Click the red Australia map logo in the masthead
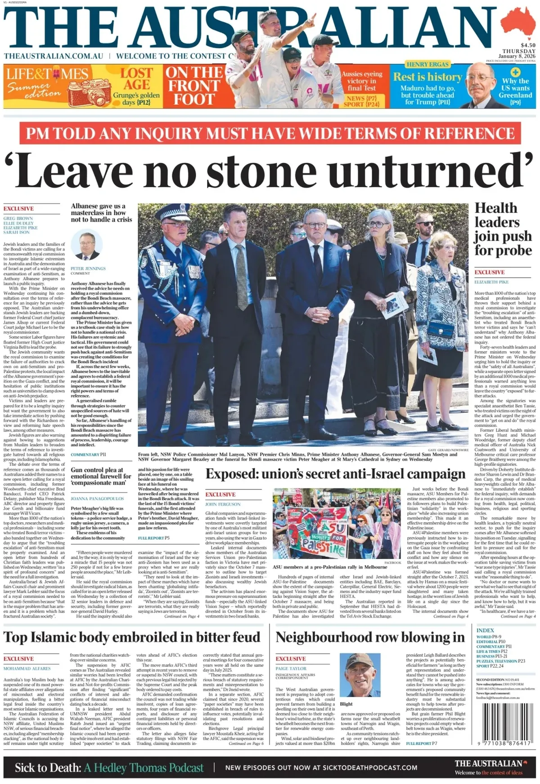tap(520, 22)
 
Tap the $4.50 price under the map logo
tap(527, 45)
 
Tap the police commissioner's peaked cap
tap(173, 211)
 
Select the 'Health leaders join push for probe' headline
tap(503, 229)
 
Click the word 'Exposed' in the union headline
tap(231, 474)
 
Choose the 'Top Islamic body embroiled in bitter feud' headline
tap(132, 637)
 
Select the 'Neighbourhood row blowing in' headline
tap(370, 637)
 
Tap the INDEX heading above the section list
tap(485, 630)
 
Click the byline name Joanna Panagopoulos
tap(97, 499)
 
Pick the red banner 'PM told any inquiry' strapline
tap(270, 134)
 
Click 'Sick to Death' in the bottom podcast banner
tap(48, 767)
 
